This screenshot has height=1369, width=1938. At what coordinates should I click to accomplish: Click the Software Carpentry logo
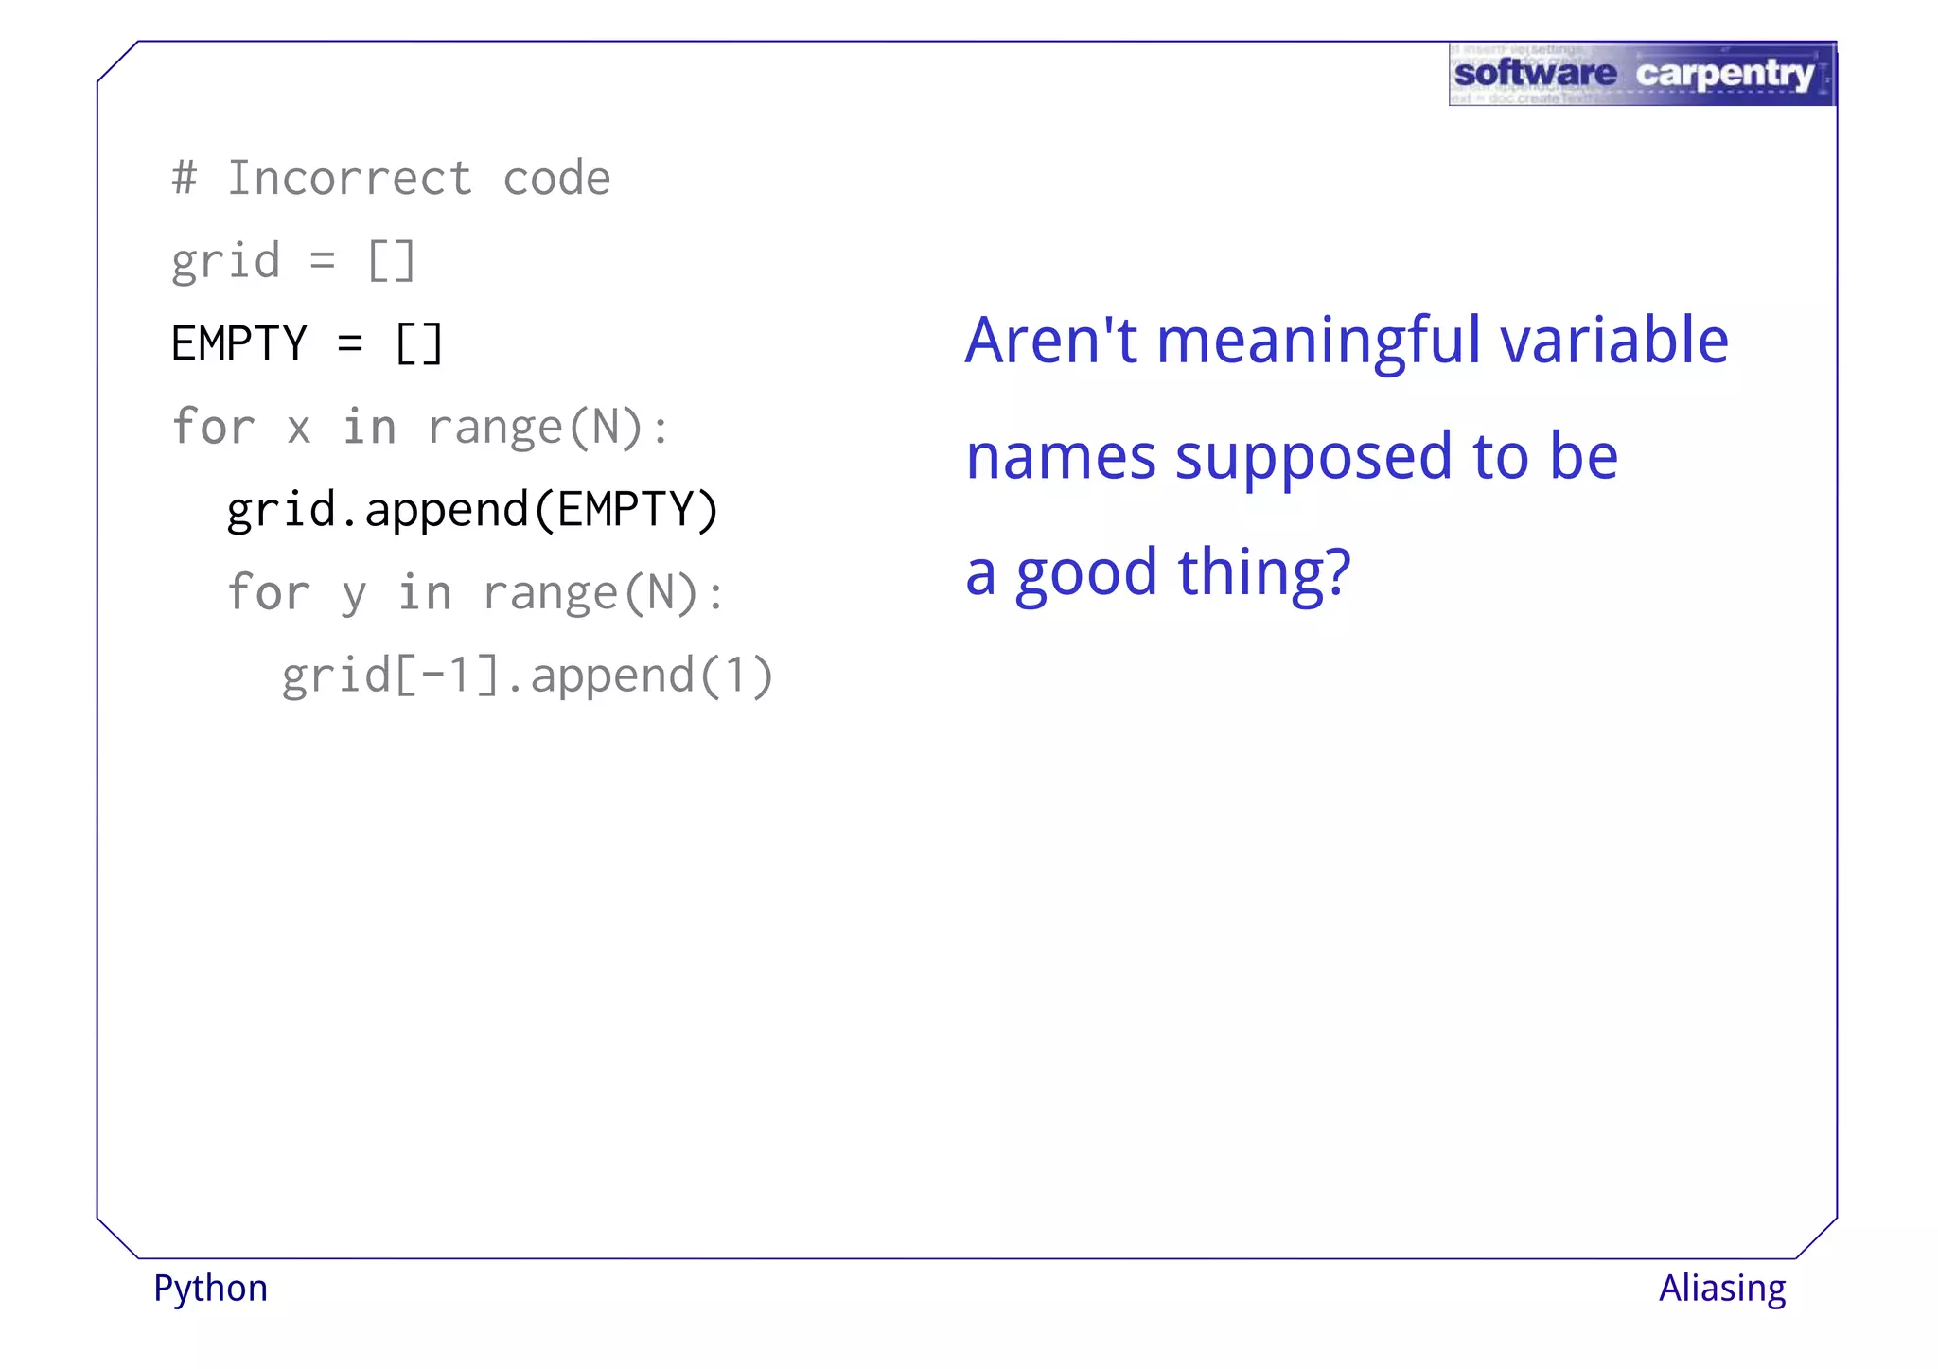[1642, 74]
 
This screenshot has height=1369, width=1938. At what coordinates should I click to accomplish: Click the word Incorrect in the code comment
[349, 179]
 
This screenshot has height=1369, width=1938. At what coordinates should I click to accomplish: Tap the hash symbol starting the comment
[185, 179]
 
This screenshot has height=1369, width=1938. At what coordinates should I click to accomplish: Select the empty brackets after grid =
[391, 261]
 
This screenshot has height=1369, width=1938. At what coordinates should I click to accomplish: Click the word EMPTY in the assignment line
[239, 343]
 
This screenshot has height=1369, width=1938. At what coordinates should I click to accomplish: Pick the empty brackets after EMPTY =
[418, 343]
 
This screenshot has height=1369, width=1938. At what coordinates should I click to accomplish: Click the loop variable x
[299, 429]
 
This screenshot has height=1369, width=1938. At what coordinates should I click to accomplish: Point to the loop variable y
[353, 594]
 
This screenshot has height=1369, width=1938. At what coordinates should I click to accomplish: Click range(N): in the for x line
[549, 428]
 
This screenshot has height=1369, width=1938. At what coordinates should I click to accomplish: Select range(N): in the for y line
[604, 594]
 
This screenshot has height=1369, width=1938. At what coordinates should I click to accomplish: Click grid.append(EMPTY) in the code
[473, 511]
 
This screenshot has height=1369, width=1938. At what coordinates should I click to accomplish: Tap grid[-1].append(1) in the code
[528, 676]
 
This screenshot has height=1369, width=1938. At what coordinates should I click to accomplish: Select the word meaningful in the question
[1318, 342]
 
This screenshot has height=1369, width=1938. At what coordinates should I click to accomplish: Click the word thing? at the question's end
[1264, 573]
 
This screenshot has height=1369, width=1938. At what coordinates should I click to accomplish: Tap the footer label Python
[210, 1289]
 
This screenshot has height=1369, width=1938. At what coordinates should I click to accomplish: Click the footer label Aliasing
[1722, 1289]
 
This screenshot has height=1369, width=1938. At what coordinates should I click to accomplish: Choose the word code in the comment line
[556, 179]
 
